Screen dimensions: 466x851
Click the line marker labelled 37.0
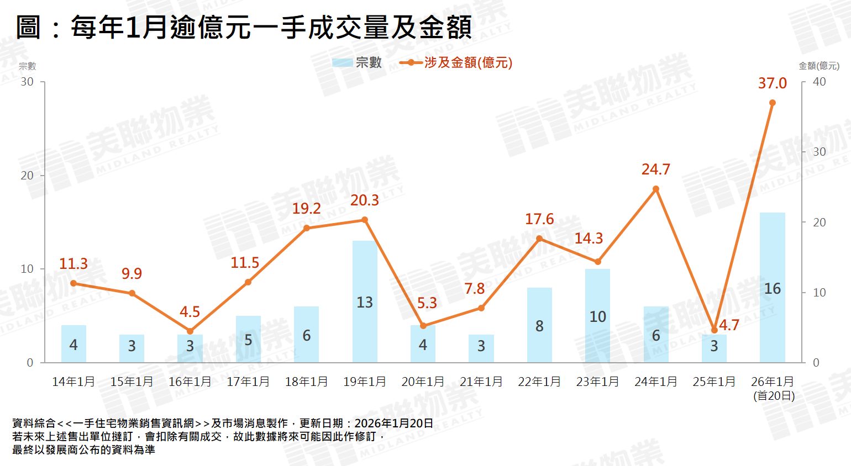(x=772, y=103)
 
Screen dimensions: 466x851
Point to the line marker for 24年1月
(x=656, y=189)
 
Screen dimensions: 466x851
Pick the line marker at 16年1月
(x=190, y=331)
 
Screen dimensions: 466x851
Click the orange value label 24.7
(x=656, y=170)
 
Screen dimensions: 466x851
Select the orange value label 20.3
(x=365, y=200)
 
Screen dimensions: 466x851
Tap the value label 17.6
(x=539, y=219)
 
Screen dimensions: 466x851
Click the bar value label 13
(x=365, y=303)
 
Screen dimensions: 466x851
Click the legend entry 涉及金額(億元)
(x=456, y=63)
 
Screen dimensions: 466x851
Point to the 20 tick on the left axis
(x=27, y=176)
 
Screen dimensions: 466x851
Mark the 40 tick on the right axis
(x=820, y=82)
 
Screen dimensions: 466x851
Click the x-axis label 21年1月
(x=481, y=382)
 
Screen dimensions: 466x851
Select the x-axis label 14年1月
(x=73, y=382)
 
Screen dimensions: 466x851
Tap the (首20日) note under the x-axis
(x=774, y=396)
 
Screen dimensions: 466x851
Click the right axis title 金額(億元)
(x=819, y=66)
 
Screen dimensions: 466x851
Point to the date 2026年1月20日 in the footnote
(x=393, y=423)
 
